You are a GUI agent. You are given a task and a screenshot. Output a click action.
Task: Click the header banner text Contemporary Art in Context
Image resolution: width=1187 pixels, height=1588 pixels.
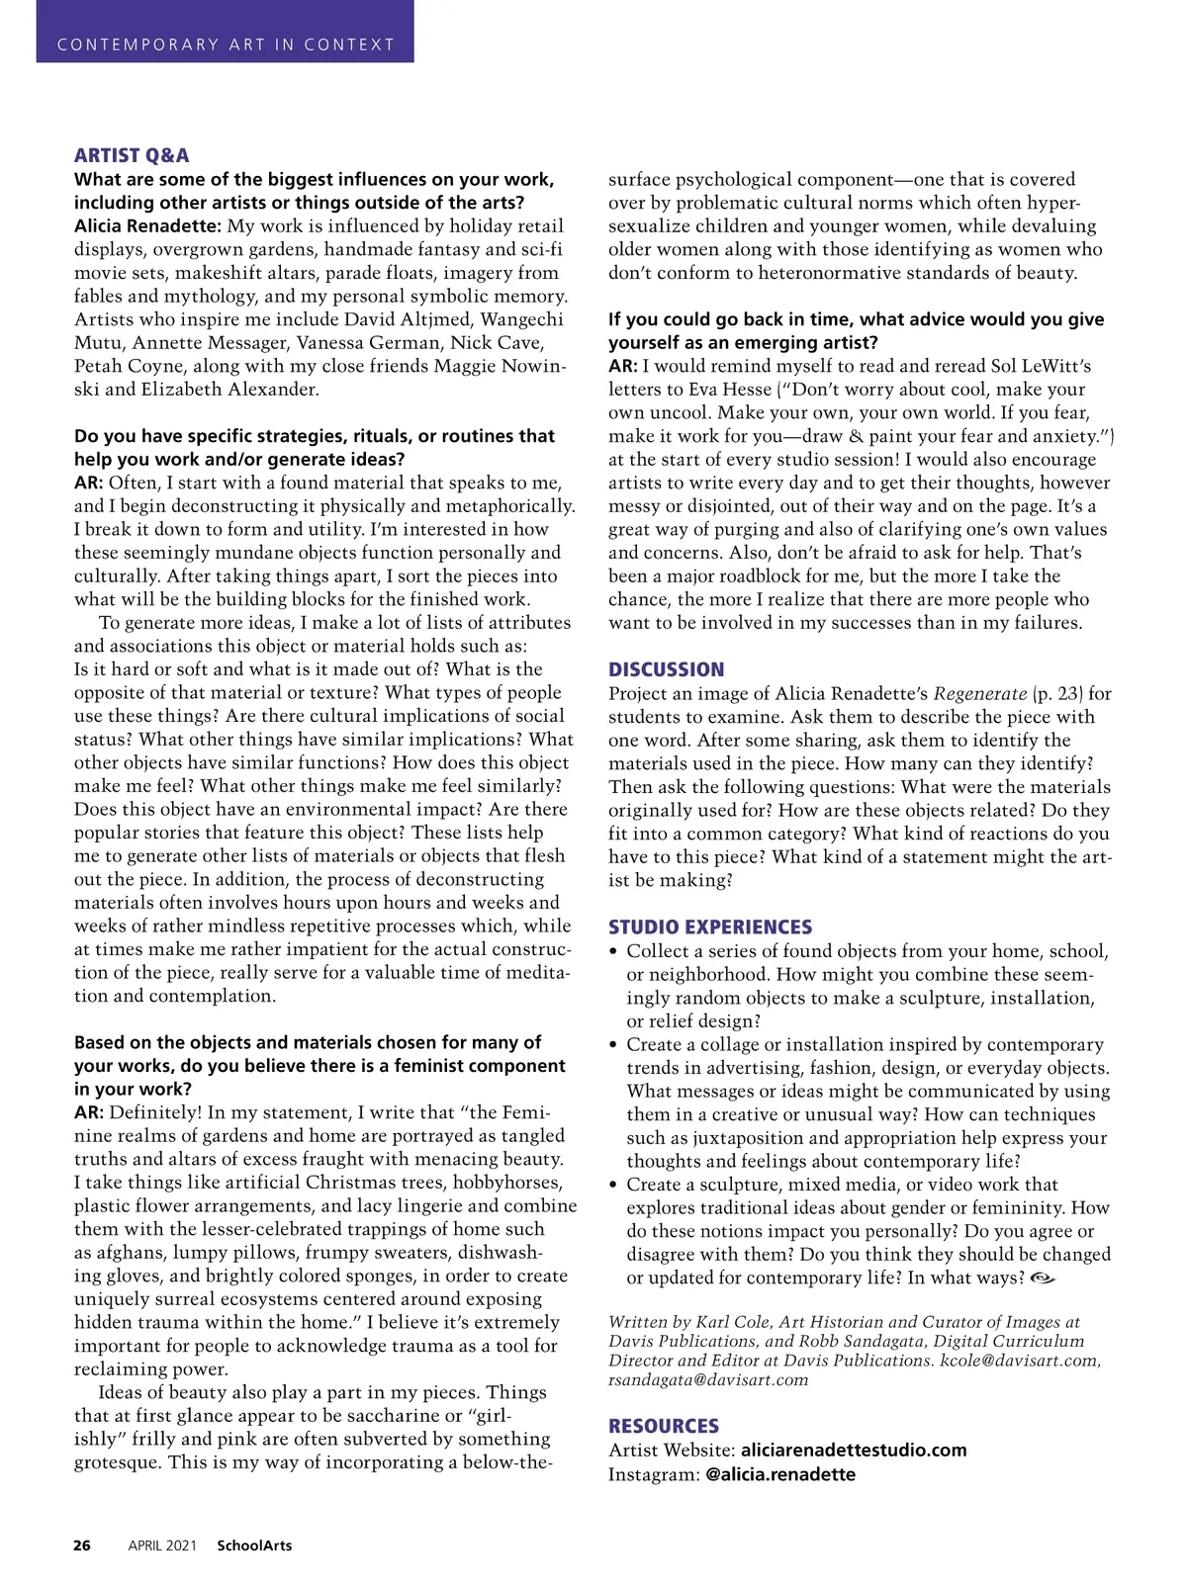[226, 44]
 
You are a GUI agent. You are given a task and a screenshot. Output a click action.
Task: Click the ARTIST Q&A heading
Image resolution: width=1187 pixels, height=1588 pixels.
[132, 155]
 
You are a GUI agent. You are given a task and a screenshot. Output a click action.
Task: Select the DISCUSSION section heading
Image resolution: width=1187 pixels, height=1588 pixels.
[666, 669]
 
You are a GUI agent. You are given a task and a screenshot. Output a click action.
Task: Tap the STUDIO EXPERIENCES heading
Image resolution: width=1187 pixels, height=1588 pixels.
[710, 927]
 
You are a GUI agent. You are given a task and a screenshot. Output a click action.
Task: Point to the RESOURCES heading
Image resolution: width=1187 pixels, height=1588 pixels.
[664, 1426]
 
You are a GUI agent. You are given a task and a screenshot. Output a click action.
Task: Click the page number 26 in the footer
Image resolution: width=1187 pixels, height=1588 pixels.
[82, 1545]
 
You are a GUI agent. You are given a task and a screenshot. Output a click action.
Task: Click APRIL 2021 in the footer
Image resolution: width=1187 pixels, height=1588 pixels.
[162, 1545]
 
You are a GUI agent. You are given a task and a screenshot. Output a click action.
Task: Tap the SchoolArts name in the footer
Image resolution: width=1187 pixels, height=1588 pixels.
[254, 1545]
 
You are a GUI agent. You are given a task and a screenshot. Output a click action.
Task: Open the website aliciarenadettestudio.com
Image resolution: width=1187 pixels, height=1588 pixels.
[854, 1451]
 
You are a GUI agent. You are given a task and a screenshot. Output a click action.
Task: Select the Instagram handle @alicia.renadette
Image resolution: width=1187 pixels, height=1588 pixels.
[780, 1474]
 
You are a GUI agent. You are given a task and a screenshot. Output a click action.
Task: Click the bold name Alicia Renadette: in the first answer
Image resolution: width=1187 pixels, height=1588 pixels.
[147, 225]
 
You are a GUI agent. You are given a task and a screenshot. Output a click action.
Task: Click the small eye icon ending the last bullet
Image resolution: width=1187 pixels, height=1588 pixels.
[1043, 1279]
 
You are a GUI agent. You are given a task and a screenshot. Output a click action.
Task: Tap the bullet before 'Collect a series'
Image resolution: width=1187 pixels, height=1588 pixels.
[614, 951]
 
